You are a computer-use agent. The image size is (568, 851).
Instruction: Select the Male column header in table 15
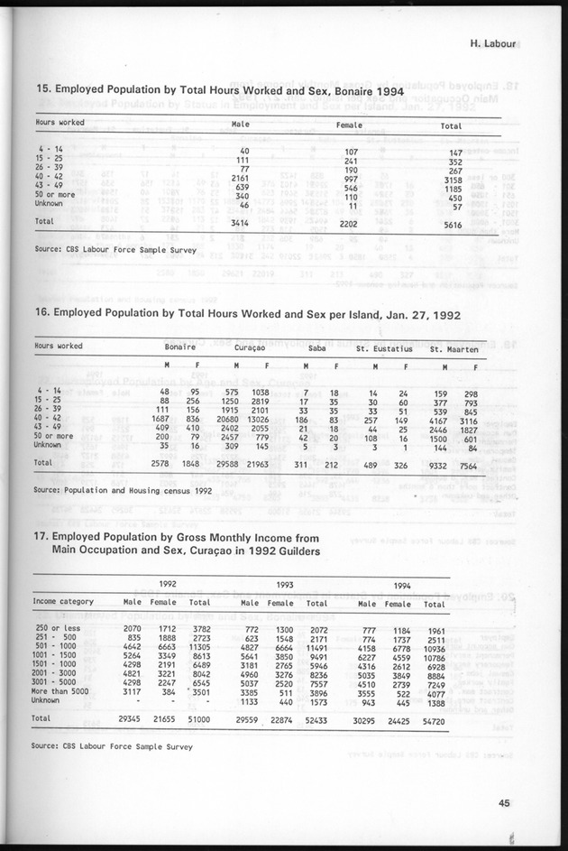point(241,125)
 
